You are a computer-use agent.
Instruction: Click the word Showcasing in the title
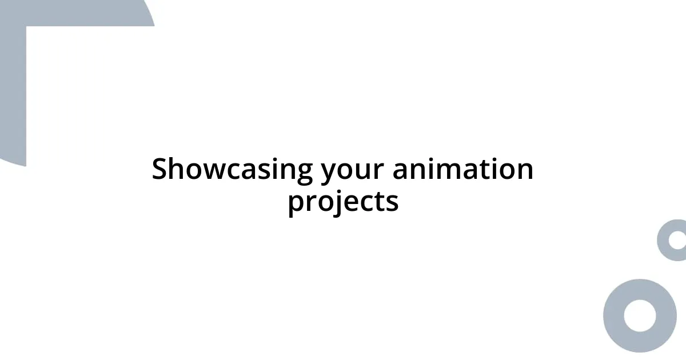(232, 170)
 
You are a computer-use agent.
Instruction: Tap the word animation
(462, 170)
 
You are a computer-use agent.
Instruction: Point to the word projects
(343, 202)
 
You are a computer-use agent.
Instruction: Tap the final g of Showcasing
(304, 173)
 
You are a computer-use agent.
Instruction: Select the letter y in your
(328, 173)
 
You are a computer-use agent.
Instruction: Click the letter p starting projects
(296, 205)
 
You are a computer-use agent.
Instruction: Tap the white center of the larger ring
(640, 315)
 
